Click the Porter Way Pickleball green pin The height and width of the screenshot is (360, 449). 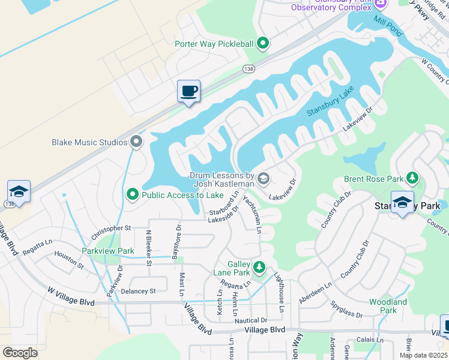[x=262, y=43]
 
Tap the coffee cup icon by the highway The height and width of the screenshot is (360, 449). [x=188, y=92]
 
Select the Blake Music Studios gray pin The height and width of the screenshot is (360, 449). [x=136, y=142]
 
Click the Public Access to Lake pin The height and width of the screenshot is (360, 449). [x=133, y=194]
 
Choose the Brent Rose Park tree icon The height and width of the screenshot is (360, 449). [x=412, y=178]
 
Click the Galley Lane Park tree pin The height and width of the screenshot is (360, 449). [x=259, y=267]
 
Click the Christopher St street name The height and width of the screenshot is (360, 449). [x=111, y=229]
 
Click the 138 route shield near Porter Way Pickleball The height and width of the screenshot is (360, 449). [x=249, y=70]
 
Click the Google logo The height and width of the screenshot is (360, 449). [x=20, y=353]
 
